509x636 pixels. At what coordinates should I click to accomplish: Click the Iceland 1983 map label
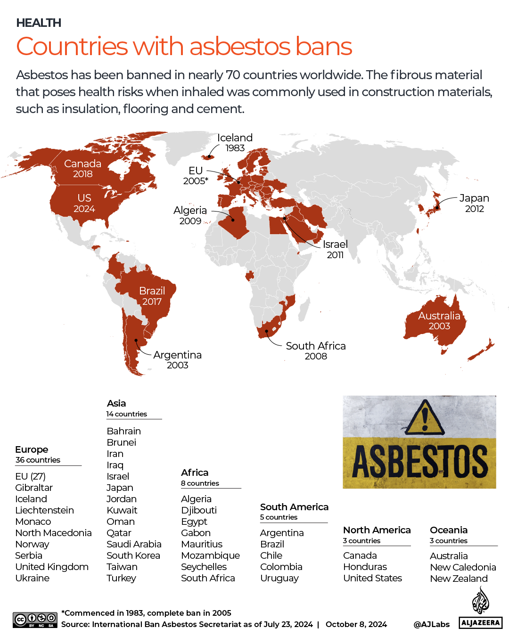tap(235, 142)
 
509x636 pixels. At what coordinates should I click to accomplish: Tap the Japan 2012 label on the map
tap(474, 203)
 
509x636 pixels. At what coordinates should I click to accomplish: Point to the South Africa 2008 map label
tap(315, 351)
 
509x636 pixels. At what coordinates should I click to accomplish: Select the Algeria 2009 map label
tap(190, 215)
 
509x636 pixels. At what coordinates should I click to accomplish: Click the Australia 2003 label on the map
tap(439, 320)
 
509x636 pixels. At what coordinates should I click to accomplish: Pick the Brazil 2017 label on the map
tap(152, 296)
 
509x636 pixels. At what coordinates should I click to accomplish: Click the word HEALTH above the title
tap(39, 23)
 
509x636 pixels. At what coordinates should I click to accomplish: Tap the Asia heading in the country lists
tap(116, 403)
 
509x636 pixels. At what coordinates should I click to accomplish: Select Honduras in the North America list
tap(365, 567)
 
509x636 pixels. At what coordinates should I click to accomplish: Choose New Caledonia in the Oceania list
tap(463, 567)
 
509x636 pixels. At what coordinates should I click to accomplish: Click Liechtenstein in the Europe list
tap(44, 510)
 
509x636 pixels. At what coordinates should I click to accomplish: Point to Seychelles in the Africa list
tap(204, 567)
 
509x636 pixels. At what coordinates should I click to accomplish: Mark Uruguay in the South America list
tap(279, 578)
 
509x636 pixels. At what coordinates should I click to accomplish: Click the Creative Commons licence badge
tap(35, 620)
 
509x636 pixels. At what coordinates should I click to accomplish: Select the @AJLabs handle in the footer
tap(431, 624)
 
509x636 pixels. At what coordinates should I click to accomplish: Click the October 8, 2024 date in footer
tap(356, 624)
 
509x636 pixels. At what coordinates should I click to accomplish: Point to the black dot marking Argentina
tap(136, 340)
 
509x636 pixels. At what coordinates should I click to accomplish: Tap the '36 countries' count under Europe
tap(38, 460)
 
